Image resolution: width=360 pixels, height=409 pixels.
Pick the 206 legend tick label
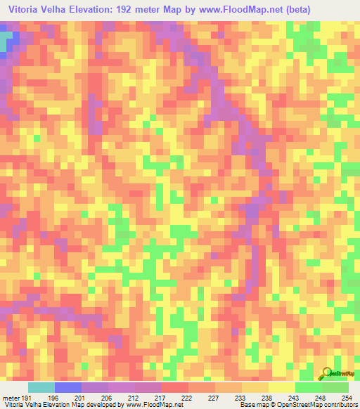coord(107,398)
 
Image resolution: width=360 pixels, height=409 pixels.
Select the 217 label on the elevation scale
coord(160,398)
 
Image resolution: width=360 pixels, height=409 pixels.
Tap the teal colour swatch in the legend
coord(41,387)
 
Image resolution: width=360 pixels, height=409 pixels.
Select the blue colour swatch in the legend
coord(68,387)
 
